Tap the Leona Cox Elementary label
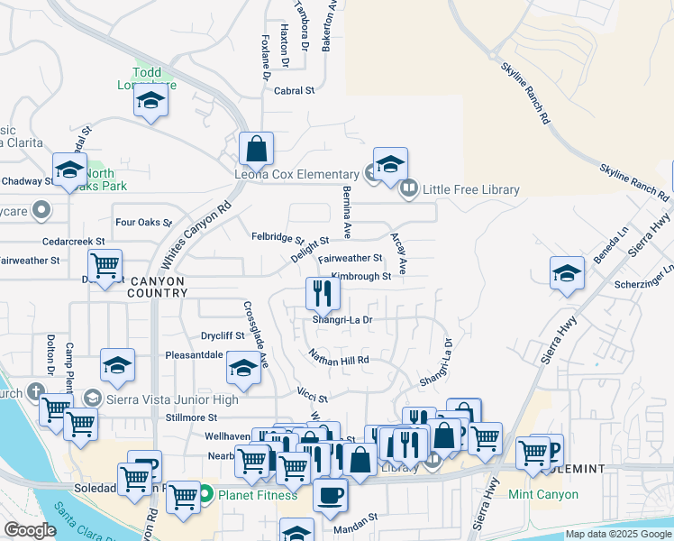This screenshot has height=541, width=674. click(296, 174)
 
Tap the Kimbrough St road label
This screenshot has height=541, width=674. click(360, 276)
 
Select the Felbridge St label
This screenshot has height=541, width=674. click(278, 238)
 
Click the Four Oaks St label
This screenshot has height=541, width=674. click(143, 222)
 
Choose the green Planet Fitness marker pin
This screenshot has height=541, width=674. click(205, 494)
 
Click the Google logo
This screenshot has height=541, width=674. click(30, 531)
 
